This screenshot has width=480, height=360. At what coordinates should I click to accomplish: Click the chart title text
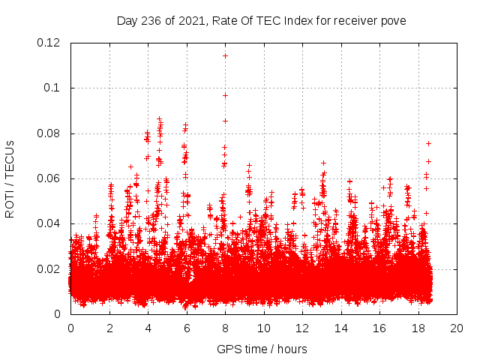pyautogui.click(x=261, y=21)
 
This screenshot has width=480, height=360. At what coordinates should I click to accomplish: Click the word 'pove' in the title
pyautogui.click(x=393, y=21)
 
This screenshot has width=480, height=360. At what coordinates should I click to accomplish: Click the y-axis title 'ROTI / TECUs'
pyautogui.click(x=10, y=178)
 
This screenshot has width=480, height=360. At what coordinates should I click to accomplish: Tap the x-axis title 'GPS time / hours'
pyautogui.click(x=261, y=349)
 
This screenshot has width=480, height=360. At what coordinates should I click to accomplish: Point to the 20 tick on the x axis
pyautogui.click(x=457, y=328)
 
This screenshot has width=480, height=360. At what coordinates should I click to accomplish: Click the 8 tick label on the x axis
pyautogui.click(x=225, y=328)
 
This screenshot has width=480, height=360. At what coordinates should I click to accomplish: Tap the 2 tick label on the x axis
pyautogui.click(x=109, y=328)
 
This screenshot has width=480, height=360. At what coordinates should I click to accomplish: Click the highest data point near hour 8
pyautogui.click(x=225, y=55)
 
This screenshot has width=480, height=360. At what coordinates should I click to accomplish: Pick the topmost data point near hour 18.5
pyautogui.click(x=429, y=143)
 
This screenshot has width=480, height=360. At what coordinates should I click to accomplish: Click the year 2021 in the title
pyautogui.click(x=190, y=21)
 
